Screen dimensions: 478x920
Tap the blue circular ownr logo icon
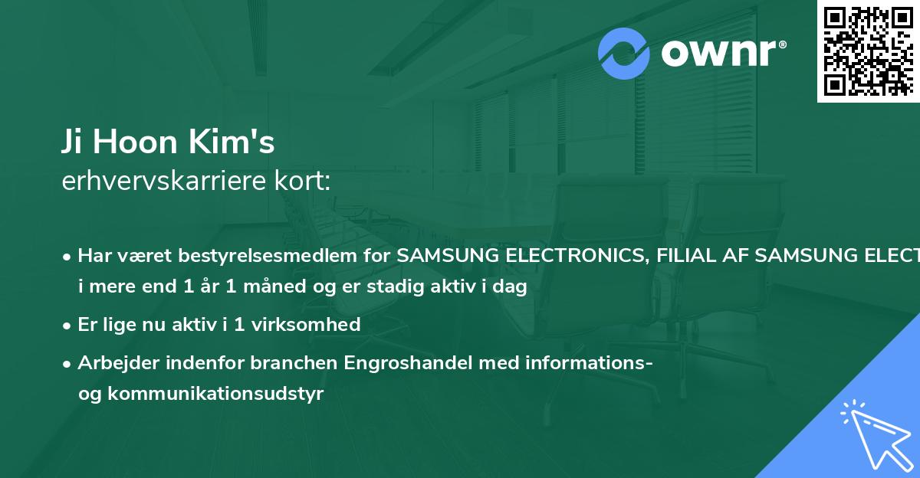[624, 54]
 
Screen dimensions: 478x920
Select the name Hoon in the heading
[143, 142]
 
